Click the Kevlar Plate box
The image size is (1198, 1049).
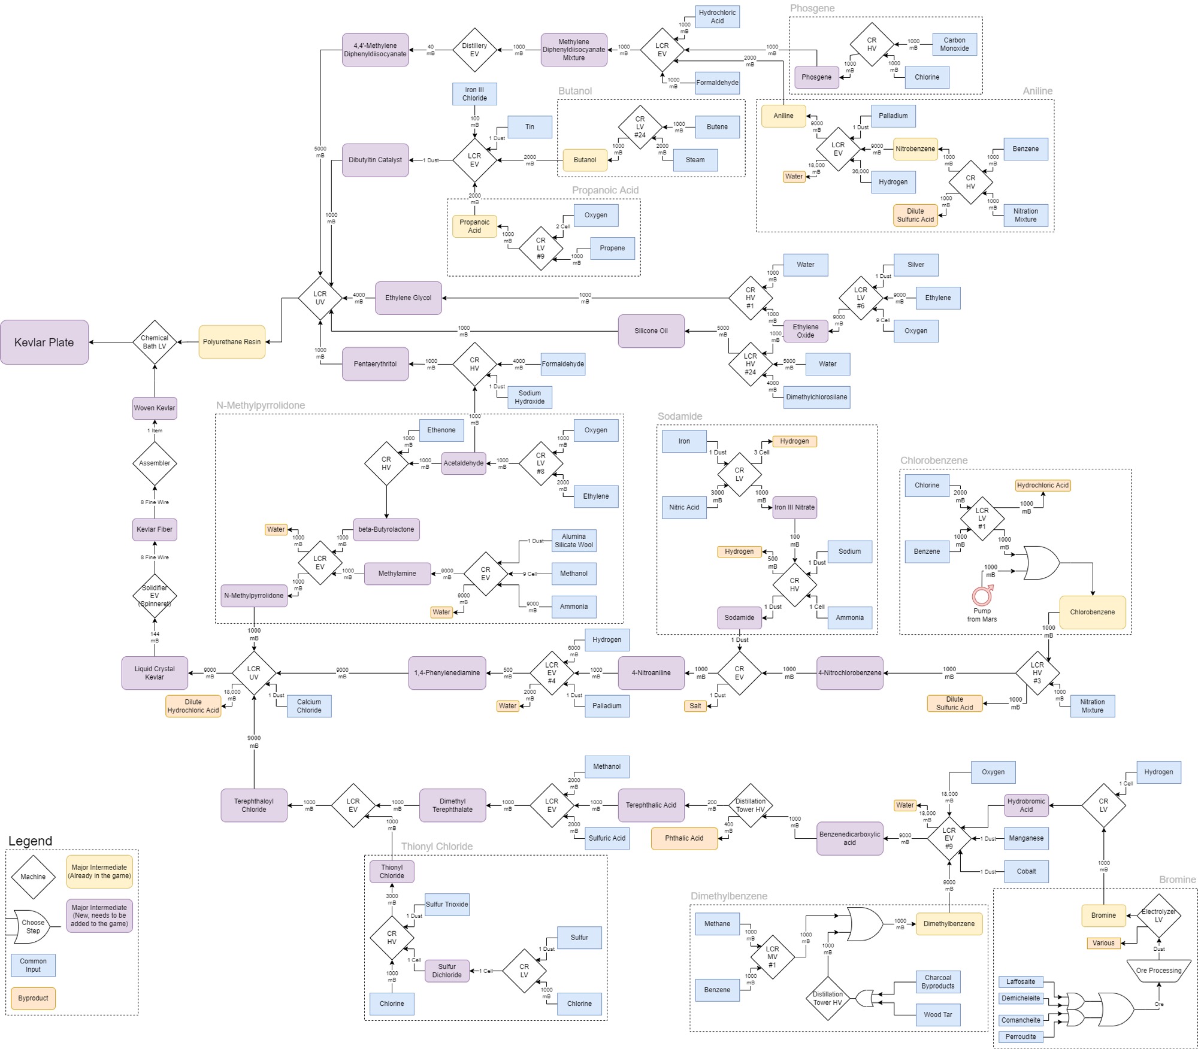coord(44,342)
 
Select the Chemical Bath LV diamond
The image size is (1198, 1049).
coord(155,342)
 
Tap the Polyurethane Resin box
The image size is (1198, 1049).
coord(232,342)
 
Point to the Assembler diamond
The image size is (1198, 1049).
coord(155,463)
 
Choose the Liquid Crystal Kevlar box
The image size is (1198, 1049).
coord(155,673)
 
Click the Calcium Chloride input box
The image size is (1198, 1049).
coord(309,706)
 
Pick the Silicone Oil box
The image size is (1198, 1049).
coord(651,331)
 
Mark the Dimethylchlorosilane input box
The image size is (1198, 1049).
coord(816,397)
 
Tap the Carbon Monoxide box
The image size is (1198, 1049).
coord(954,45)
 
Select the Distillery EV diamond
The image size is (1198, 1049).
coord(474,50)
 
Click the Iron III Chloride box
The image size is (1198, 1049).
coord(474,94)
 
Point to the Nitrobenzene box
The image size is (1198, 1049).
coord(915,149)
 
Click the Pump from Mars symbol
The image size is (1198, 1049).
coord(982,596)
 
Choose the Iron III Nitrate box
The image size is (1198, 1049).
coord(794,507)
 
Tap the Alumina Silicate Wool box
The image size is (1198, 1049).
coord(574,541)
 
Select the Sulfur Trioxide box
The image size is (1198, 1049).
coord(447,905)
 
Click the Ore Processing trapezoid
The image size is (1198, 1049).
coord(1158,971)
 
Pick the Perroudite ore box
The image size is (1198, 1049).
coord(1021,1037)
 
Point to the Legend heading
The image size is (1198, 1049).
coord(30,841)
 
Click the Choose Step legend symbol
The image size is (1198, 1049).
coord(33,927)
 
